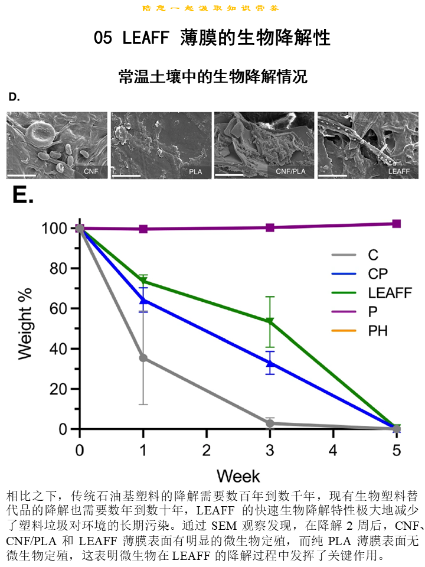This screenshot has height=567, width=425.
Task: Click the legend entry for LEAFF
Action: (390, 292)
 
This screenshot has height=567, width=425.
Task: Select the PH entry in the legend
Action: (378, 330)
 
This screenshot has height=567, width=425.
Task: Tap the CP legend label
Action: (378, 273)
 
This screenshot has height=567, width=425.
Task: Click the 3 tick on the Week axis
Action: (270, 450)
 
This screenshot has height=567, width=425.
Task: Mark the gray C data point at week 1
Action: (143, 358)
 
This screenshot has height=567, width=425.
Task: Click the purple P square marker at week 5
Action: (397, 224)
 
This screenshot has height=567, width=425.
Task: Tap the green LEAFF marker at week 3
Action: (270, 322)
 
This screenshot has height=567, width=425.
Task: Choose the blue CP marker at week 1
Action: (143, 300)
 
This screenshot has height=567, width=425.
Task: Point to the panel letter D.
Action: (14, 97)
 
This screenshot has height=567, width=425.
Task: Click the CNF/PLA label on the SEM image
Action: (292, 172)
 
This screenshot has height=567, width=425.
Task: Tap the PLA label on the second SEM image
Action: (195, 172)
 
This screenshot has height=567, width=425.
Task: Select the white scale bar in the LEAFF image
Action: (332, 175)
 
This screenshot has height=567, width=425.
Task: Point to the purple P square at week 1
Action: (143, 229)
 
